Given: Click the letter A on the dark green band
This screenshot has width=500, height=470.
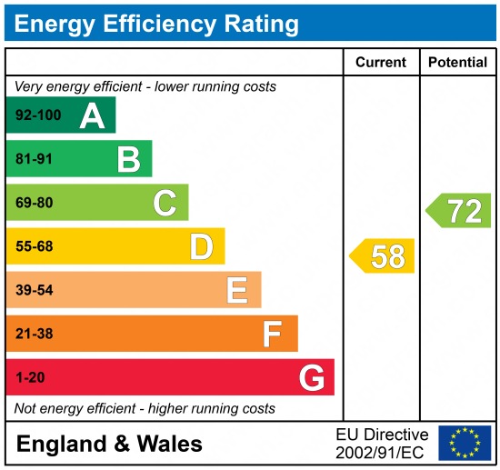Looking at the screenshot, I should (92, 115).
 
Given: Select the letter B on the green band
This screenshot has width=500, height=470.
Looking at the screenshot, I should (128, 159).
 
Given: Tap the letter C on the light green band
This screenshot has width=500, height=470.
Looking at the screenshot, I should (165, 203).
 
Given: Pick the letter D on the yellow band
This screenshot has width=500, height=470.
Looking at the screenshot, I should (201, 246).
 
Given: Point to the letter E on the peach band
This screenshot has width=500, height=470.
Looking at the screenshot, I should (237, 290).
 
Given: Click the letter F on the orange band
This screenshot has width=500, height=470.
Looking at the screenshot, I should (273, 334).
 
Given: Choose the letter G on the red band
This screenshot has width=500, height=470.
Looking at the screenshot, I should (312, 377).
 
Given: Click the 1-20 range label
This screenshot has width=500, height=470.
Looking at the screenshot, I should (30, 377).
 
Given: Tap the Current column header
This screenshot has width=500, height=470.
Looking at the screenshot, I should (381, 63).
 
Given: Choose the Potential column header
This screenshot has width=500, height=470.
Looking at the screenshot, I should (458, 63).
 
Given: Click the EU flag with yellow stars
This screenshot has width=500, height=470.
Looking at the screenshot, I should (464, 443).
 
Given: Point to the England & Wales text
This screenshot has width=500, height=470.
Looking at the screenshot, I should (109, 444).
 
